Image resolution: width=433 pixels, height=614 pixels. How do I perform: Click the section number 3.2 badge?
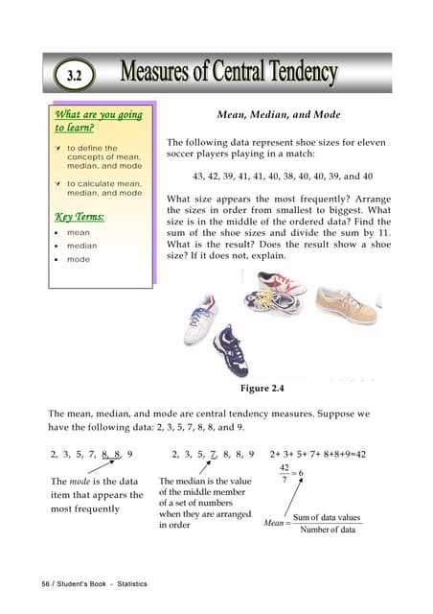coord(81,75)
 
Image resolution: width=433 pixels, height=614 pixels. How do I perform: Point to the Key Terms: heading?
coord(80,216)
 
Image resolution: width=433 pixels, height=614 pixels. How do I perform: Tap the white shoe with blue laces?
coord(202,311)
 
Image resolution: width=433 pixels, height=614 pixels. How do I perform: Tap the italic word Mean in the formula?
coord(273,524)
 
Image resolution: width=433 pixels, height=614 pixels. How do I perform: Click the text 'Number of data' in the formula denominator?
coord(328,530)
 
